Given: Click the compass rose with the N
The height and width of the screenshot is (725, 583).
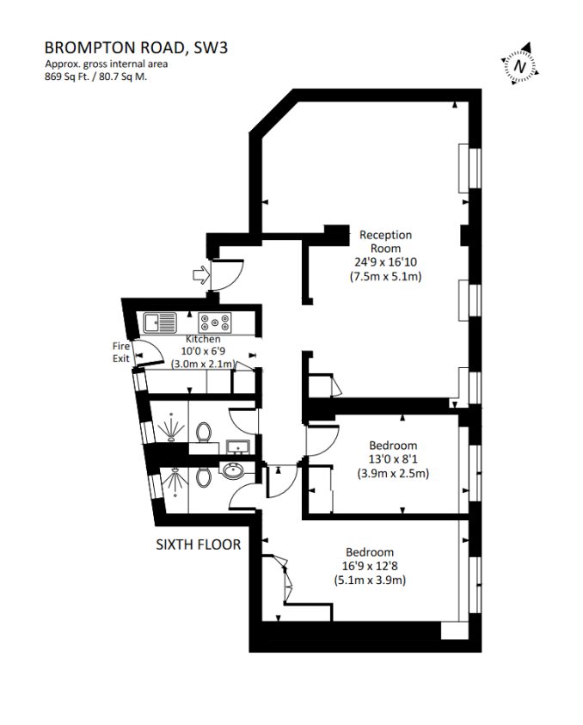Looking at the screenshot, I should click(x=520, y=65).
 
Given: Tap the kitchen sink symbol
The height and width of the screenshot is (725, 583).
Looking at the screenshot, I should click(x=160, y=323).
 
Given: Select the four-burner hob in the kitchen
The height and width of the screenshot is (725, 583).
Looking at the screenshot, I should click(x=215, y=323).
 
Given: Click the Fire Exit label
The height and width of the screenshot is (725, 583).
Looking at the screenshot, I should click(x=121, y=352).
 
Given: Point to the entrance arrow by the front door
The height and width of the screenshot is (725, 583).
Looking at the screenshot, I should click(x=199, y=275).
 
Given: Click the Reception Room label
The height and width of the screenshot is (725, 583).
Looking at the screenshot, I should click(x=385, y=242).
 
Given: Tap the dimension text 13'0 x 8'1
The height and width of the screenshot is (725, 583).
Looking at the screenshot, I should click(x=393, y=459).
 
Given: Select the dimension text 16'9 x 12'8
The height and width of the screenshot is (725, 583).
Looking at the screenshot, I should click(x=370, y=566).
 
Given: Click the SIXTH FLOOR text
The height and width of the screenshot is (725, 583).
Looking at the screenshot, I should click(x=198, y=544).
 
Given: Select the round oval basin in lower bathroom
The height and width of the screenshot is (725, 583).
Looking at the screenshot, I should click(x=232, y=470).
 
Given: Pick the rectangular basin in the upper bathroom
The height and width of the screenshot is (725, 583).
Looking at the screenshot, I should click(x=237, y=446).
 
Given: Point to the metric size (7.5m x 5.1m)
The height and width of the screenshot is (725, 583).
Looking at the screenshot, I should click(x=385, y=277).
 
